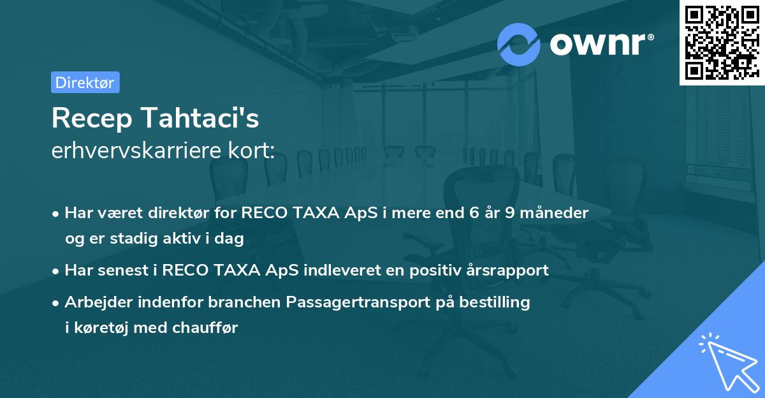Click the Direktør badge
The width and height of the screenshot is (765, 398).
[85, 82]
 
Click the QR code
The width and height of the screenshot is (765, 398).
[722, 42]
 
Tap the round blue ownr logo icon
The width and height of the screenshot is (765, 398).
[519, 44]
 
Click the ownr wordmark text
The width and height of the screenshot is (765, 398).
[602, 44]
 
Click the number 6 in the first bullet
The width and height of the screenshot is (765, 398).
[474, 212]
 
